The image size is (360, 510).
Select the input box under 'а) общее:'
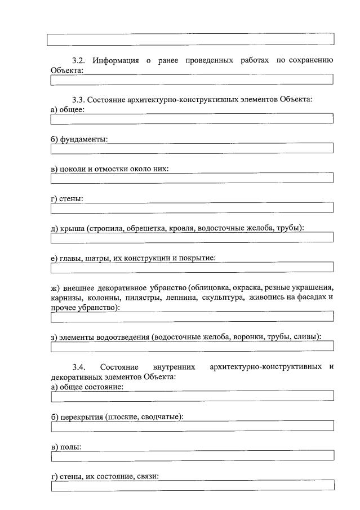(x=192, y=119)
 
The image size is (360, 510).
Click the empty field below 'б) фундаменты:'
(x=192, y=149)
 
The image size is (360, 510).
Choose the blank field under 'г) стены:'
(x=192, y=208)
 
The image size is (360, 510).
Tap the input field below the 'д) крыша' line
(x=192, y=238)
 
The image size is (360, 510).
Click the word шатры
(x=96, y=258)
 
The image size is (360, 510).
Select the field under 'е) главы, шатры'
(x=192, y=268)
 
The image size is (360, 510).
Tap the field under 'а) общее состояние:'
(x=192, y=396)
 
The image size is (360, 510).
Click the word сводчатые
(x=163, y=416)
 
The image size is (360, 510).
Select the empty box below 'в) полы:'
(x=192, y=455)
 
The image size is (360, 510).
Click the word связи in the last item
(x=147, y=476)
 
